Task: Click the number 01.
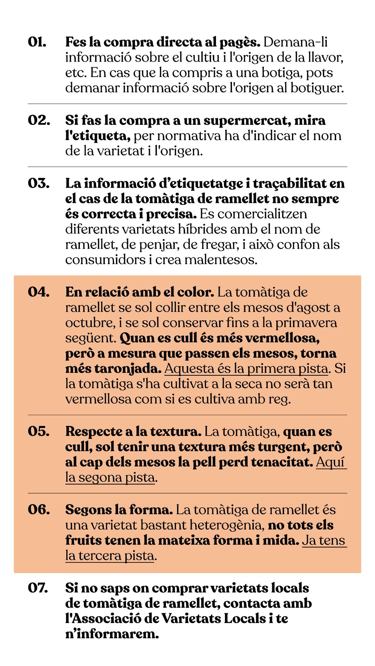(x=37, y=42)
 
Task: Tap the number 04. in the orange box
(x=39, y=292)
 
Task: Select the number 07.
(x=38, y=588)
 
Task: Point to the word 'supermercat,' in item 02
(x=247, y=120)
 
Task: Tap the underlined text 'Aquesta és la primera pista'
(x=246, y=368)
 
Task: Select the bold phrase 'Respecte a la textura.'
(x=133, y=432)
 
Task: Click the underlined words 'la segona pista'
(x=110, y=477)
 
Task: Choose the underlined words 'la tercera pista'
(x=110, y=556)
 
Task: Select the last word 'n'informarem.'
(x=112, y=634)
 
